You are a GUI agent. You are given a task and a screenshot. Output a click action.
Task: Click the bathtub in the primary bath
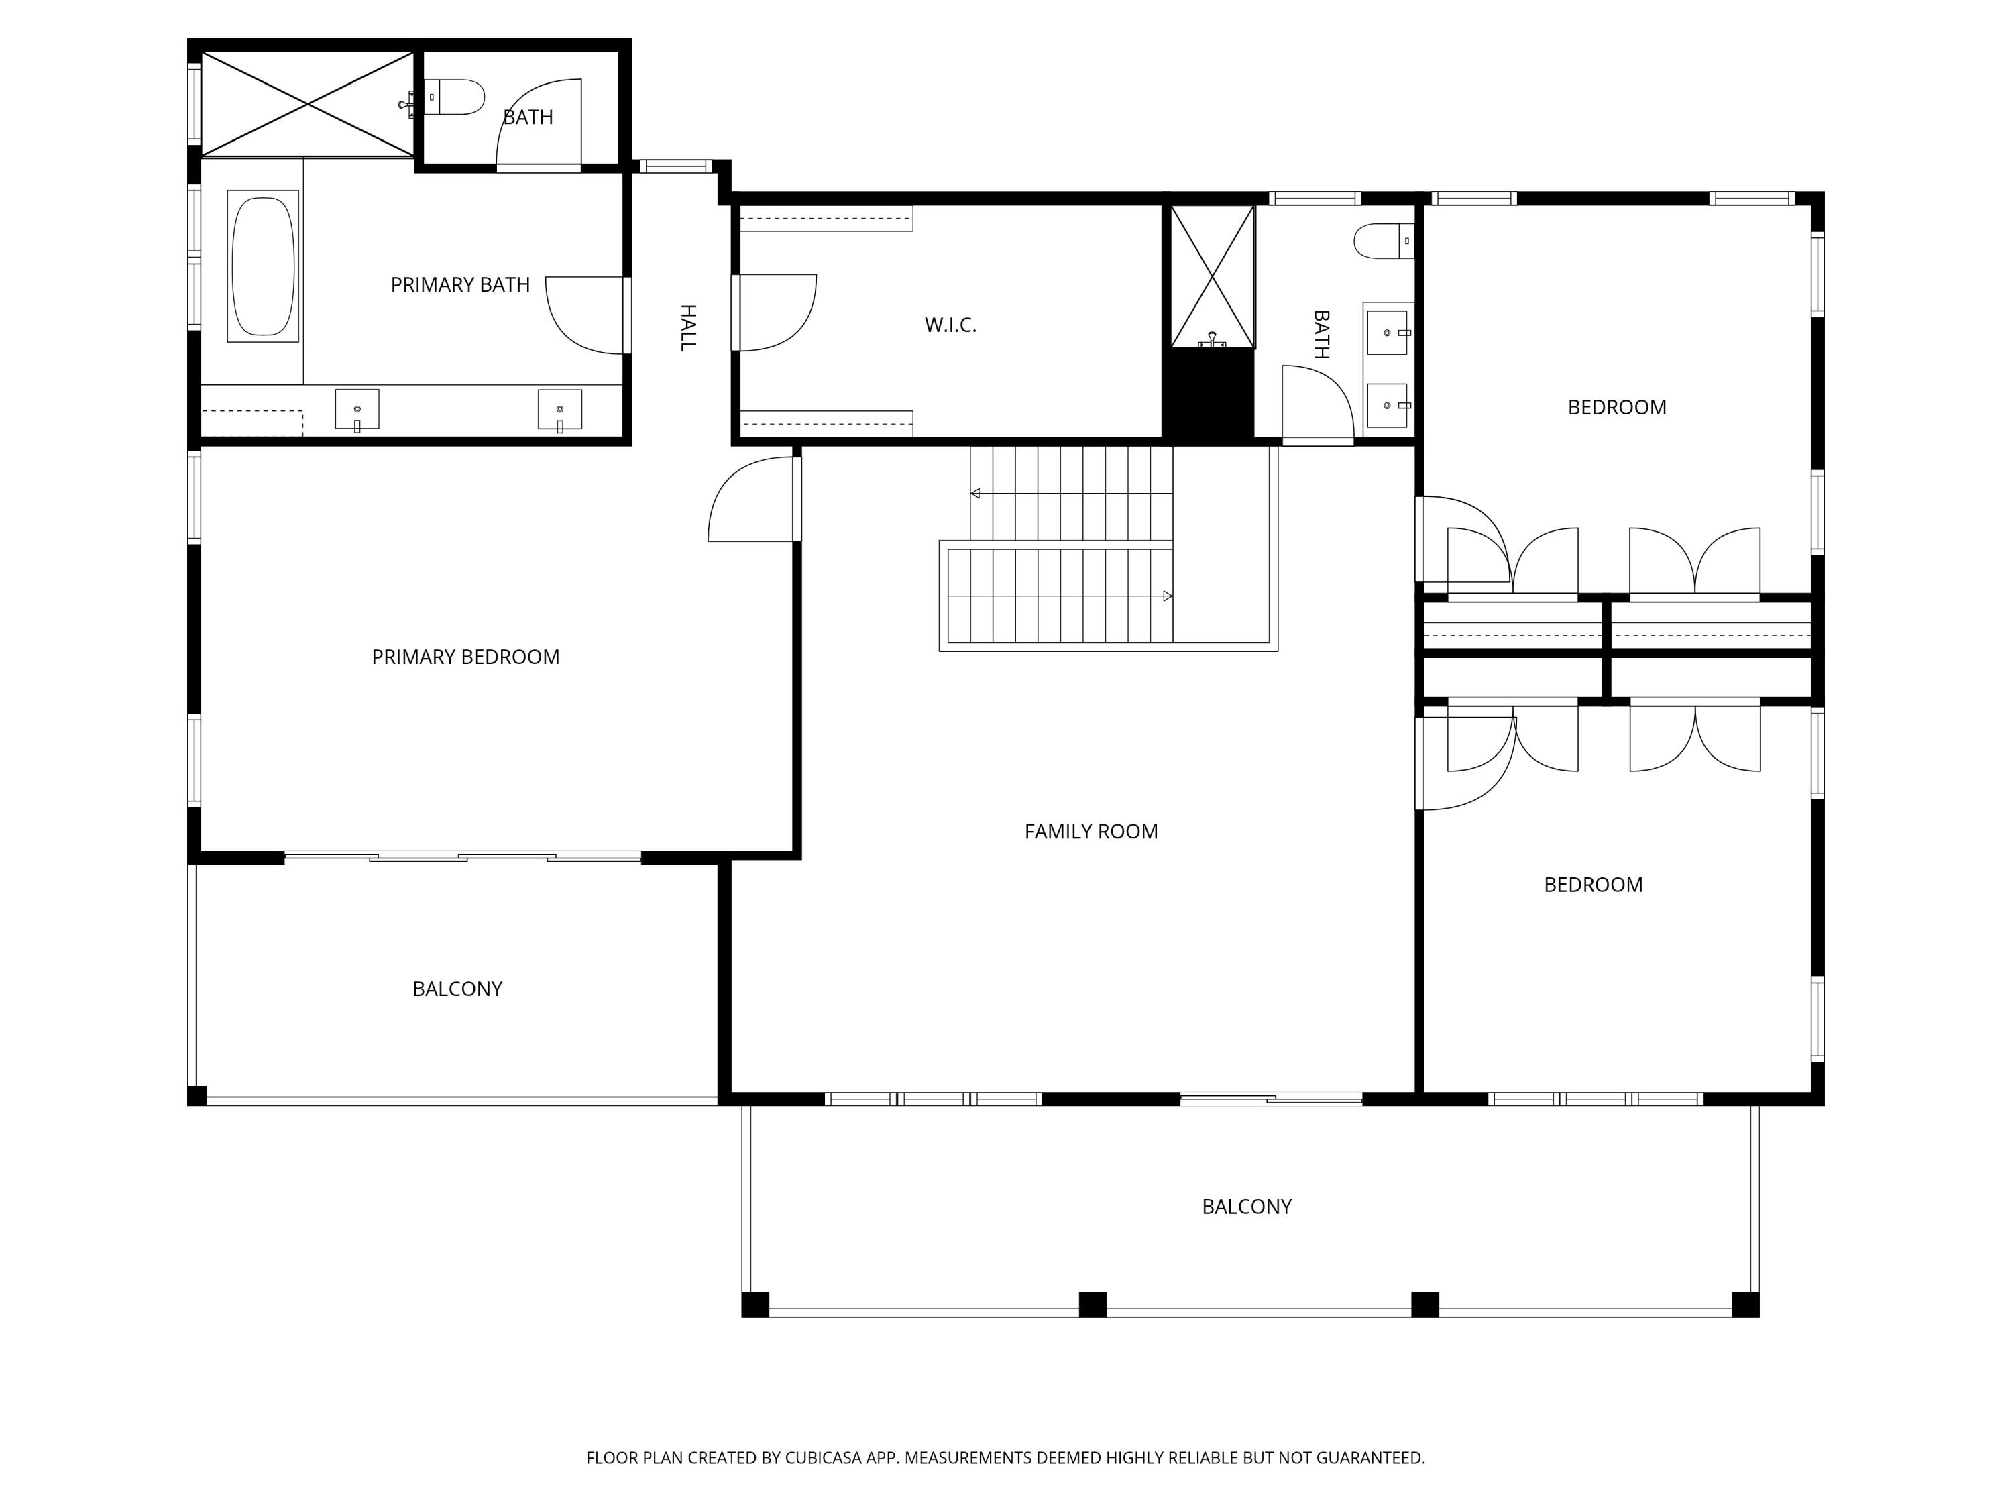[x=263, y=266]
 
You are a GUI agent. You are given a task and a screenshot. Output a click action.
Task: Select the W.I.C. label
[x=950, y=325]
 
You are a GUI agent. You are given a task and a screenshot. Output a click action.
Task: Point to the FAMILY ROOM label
[x=1091, y=832]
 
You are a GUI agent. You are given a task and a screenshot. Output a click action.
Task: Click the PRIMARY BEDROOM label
[x=465, y=657]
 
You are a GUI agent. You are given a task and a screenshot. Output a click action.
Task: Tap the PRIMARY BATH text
[x=460, y=285]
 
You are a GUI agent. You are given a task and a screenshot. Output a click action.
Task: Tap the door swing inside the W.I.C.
[x=779, y=312]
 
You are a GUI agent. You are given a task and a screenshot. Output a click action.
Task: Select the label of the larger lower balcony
[x=1246, y=1206]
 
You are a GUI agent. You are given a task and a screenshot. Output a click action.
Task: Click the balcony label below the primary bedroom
[x=457, y=989]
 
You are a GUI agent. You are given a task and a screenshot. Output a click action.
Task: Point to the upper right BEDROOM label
[x=1616, y=408]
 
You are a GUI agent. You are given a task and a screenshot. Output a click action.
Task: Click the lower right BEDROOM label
[x=1593, y=885]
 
